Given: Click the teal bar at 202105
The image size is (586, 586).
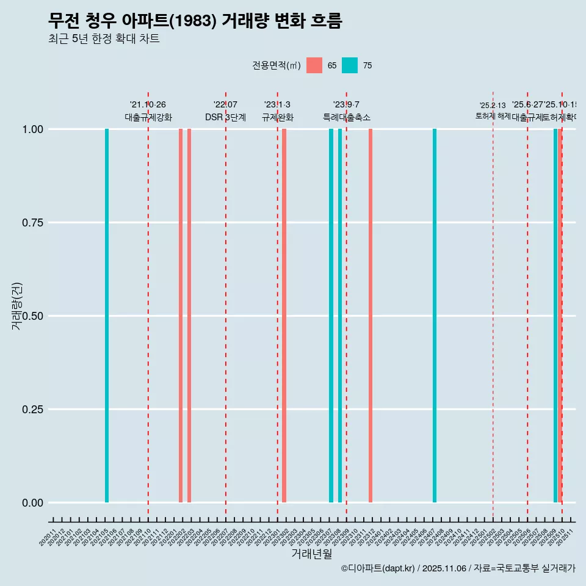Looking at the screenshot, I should [x=107, y=316].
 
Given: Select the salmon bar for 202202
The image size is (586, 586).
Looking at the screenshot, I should [x=181, y=316].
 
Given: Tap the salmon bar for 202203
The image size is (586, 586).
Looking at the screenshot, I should [x=189, y=316].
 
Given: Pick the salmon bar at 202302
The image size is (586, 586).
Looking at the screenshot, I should [x=284, y=316].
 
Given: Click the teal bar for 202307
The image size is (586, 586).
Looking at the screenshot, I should [x=331, y=316].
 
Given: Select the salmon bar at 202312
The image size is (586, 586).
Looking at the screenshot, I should [x=371, y=316].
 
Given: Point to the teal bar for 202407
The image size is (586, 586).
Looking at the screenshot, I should [x=435, y=316].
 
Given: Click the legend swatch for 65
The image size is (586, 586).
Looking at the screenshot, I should [x=314, y=65].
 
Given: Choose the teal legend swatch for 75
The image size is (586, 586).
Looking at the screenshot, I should [x=350, y=65].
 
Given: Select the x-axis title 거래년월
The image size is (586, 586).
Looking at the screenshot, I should [x=312, y=554].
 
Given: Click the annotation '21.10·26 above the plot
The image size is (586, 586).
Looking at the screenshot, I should [x=148, y=105].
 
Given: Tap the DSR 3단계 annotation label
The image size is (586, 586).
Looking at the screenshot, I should [x=225, y=117].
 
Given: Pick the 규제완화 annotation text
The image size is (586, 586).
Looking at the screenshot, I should [x=278, y=117].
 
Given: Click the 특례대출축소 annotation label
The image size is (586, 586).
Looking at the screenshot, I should [x=347, y=117].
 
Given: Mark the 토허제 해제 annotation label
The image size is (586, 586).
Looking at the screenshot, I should [x=493, y=116].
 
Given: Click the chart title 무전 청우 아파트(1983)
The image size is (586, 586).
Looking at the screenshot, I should [x=195, y=21].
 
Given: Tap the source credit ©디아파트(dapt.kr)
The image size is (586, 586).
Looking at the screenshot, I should [x=378, y=569].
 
